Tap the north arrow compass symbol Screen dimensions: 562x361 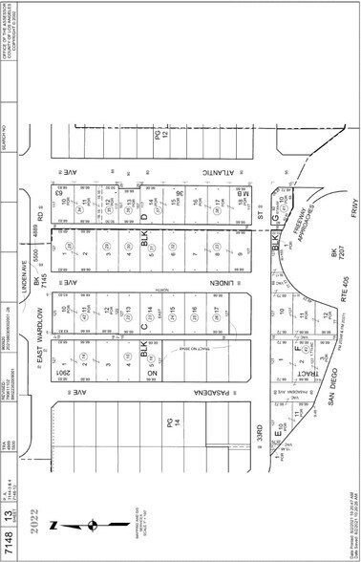pos(87,525)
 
